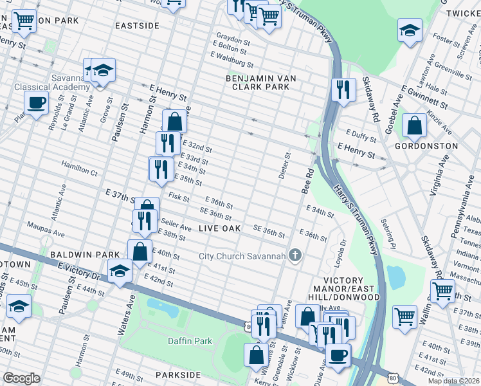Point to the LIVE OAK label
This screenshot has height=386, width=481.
[x=219, y=229]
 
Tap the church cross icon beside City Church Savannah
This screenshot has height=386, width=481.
[x=295, y=256]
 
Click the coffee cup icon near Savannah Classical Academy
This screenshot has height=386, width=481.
[x=36, y=102]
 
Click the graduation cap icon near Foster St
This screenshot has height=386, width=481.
[x=409, y=30]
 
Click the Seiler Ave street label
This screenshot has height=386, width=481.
[x=177, y=227]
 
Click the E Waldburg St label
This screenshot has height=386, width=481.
[x=233, y=62]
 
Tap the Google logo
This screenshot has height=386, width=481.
[x=21, y=378]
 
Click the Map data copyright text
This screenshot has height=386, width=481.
[x=453, y=381]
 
